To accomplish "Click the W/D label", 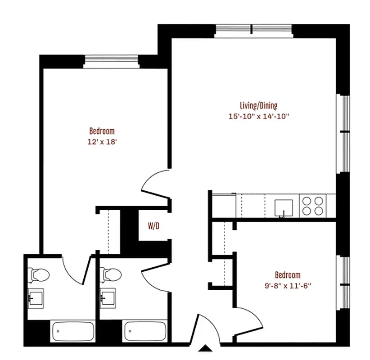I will (153, 226).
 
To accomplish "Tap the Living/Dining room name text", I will (258, 106).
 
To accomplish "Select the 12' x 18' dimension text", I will (102, 142).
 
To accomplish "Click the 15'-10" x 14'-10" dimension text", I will (258, 117).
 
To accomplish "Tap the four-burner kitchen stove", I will (313, 206).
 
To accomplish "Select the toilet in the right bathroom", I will (109, 273).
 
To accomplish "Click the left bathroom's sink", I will (36, 297).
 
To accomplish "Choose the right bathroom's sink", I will (108, 297).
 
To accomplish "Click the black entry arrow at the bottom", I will (206, 348).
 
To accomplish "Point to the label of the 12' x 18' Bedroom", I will (102, 131).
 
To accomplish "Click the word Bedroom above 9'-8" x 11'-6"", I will (288, 275).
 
